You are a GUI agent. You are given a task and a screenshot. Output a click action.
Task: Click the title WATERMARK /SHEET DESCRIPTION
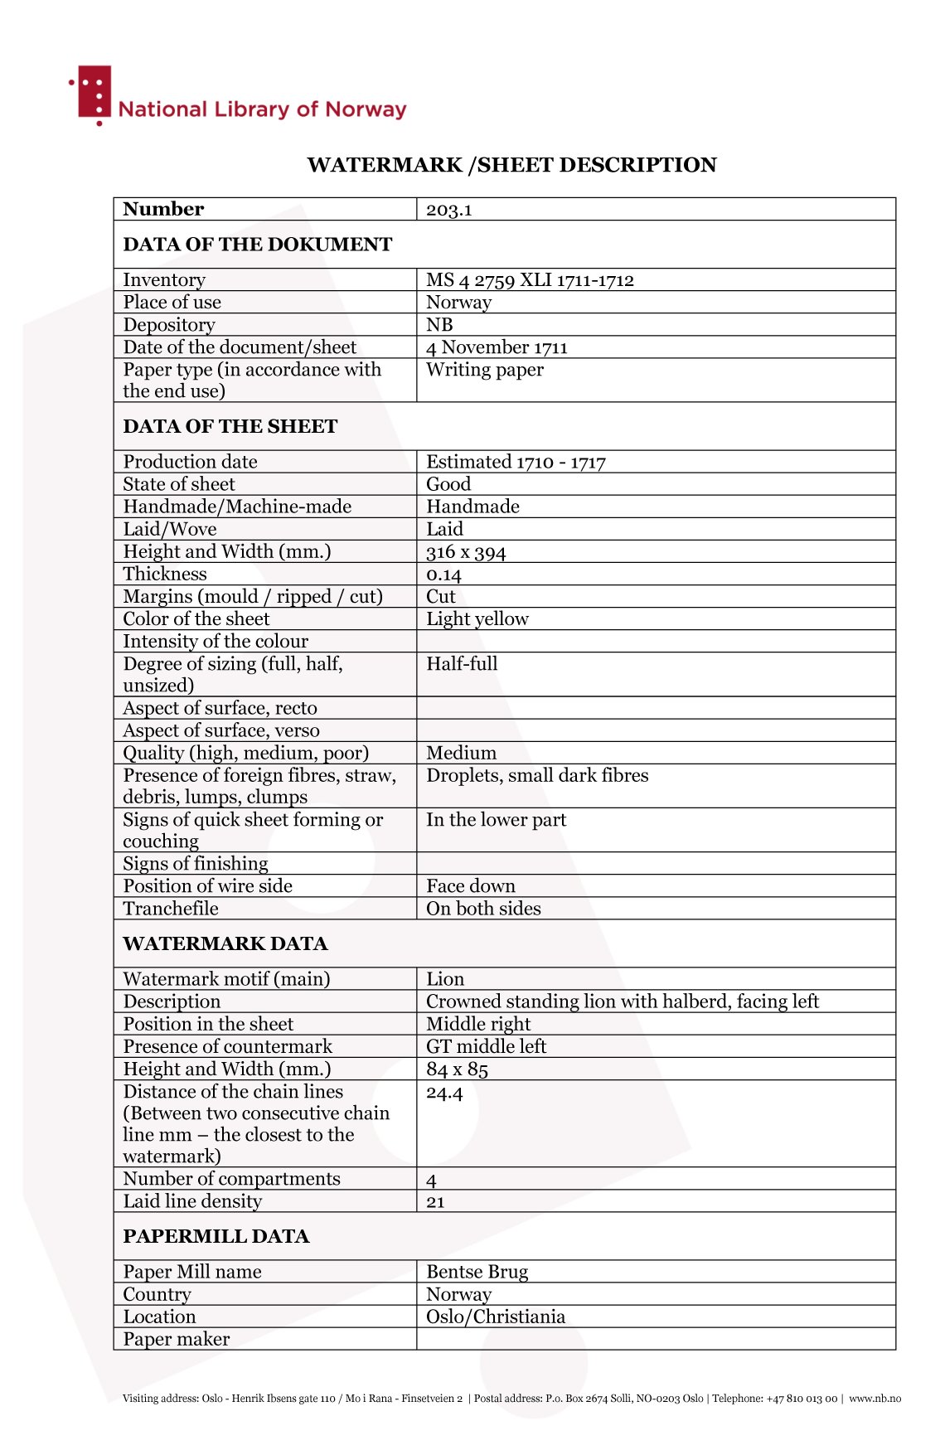tap(511, 165)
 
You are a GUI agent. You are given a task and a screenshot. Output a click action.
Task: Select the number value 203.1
tap(448, 210)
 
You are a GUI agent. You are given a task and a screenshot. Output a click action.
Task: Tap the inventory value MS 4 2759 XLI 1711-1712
tap(530, 280)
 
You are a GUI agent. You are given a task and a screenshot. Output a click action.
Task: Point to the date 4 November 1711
tap(497, 347)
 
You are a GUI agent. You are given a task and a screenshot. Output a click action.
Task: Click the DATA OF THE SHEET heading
tap(230, 426)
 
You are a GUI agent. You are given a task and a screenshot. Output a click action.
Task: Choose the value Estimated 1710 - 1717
tap(516, 462)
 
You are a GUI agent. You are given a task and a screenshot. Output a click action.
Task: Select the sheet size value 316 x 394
tap(466, 552)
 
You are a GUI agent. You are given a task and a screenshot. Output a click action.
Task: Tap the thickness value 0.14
tap(443, 575)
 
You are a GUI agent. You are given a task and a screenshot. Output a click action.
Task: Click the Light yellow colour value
tap(477, 619)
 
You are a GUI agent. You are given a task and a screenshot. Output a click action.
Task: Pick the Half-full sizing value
tap(462, 664)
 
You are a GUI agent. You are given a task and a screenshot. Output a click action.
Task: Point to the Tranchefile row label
tap(171, 909)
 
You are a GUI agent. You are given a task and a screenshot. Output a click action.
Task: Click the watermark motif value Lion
tap(445, 979)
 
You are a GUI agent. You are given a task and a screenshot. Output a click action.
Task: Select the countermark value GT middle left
tap(486, 1046)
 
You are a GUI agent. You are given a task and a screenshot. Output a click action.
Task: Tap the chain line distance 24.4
tap(444, 1093)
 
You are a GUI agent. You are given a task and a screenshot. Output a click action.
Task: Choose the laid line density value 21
tap(435, 1202)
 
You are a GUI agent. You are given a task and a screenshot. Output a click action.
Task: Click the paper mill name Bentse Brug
tap(477, 1272)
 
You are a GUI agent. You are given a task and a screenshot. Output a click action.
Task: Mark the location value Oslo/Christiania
tap(496, 1317)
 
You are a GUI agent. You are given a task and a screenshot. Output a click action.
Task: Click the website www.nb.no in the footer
tap(875, 1399)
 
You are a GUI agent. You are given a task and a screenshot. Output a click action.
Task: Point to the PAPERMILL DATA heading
tap(216, 1236)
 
